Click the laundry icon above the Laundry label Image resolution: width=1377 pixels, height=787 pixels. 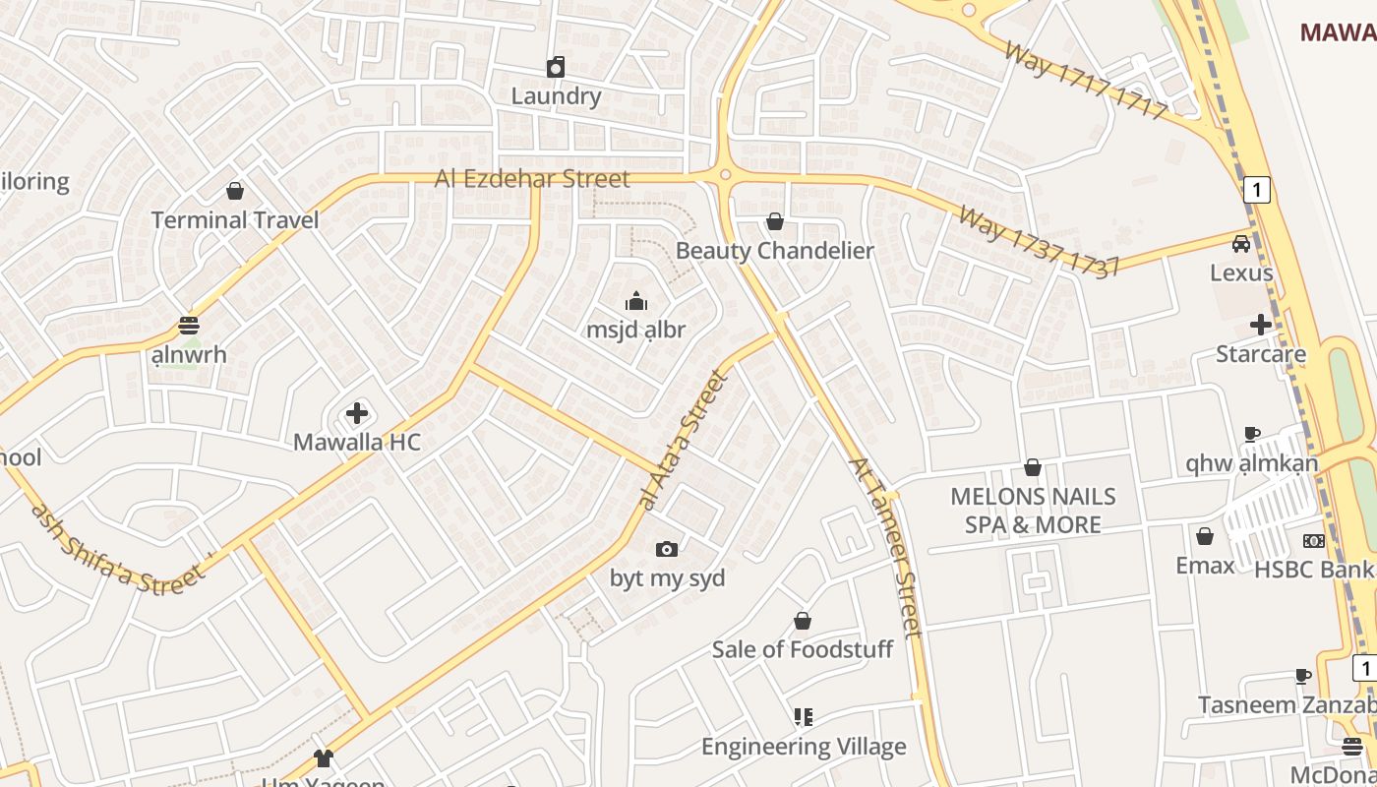coord(556,67)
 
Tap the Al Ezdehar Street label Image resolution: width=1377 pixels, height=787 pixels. coord(532,179)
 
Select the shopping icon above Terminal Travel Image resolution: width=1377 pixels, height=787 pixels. coord(235,191)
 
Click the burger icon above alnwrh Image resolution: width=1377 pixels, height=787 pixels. coord(189,326)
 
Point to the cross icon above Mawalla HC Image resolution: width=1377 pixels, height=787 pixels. coord(357,413)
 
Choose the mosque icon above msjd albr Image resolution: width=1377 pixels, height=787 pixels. coord(636,301)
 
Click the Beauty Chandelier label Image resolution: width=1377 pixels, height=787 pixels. coord(774,251)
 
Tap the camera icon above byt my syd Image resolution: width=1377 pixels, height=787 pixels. coord(667,549)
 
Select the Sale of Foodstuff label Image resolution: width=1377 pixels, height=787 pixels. coord(802,649)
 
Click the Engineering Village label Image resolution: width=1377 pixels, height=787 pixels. coord(804,747)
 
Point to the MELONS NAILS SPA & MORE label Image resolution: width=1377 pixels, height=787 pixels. coord(1033,511)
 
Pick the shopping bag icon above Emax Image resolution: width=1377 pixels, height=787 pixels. coord(1205,536)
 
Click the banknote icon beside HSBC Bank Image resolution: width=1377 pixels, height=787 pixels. coord(1314,541)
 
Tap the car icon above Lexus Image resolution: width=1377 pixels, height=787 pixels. coord(1241,244)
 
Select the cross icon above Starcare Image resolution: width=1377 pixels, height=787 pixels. coord(1261,325)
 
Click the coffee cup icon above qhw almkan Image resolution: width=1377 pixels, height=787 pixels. coord(1252,434)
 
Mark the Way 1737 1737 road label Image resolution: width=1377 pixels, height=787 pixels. coord(1039,242)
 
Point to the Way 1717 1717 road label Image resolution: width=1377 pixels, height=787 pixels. coord(1085,81)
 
